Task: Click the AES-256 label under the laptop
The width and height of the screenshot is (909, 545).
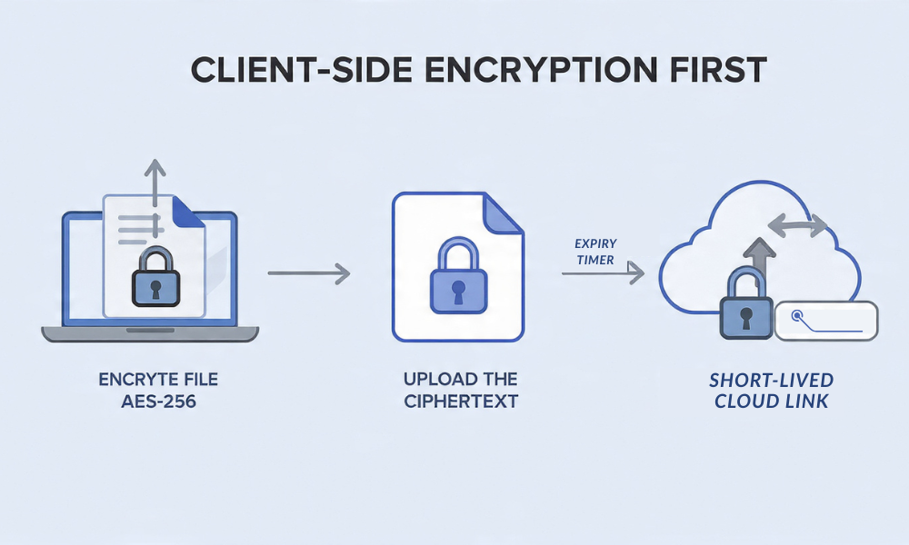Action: (x=146, y=400)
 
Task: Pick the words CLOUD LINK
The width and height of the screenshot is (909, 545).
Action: (x=772, y=401)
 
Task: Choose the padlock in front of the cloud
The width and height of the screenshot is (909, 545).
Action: (x=745, y=307)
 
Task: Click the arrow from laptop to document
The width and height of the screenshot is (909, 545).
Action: (x=309, y=272)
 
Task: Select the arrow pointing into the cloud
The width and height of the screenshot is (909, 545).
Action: (x=604, y=272)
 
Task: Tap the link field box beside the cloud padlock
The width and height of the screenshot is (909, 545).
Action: (x=827, y=321)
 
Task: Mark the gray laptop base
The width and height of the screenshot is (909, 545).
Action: (x=150, y=334)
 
